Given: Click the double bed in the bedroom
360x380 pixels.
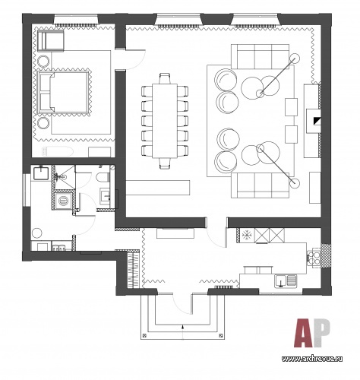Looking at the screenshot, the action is point(63,92).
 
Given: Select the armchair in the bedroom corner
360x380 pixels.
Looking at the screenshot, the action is point(50,40).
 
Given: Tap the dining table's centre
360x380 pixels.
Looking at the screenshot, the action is point(165,121).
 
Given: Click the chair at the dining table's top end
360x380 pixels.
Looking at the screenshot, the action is point(165,78).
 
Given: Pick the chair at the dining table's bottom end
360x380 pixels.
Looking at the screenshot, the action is point(165,163).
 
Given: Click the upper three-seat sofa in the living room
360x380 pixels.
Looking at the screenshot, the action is point(260,57).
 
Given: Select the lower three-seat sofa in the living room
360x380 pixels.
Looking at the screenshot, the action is point(260,185).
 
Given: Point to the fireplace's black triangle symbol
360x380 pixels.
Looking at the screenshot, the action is point(317,121).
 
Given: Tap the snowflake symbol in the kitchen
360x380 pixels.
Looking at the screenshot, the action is point(246,236).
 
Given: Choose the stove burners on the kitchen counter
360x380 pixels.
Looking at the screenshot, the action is point(314,258).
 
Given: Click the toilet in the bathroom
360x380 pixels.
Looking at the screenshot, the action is point(103,177).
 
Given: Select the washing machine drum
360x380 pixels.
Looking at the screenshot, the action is point(63,201).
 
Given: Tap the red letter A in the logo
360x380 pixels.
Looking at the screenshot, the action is point(304,333).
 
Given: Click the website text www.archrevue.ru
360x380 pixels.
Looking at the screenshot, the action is point(312,359).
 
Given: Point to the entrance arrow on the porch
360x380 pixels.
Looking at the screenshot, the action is point(183,331).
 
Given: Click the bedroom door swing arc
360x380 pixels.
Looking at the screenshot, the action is point(140,63).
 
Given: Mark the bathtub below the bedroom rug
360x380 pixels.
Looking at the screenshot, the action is point(58,151).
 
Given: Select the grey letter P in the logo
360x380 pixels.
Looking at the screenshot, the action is point(322,333).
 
